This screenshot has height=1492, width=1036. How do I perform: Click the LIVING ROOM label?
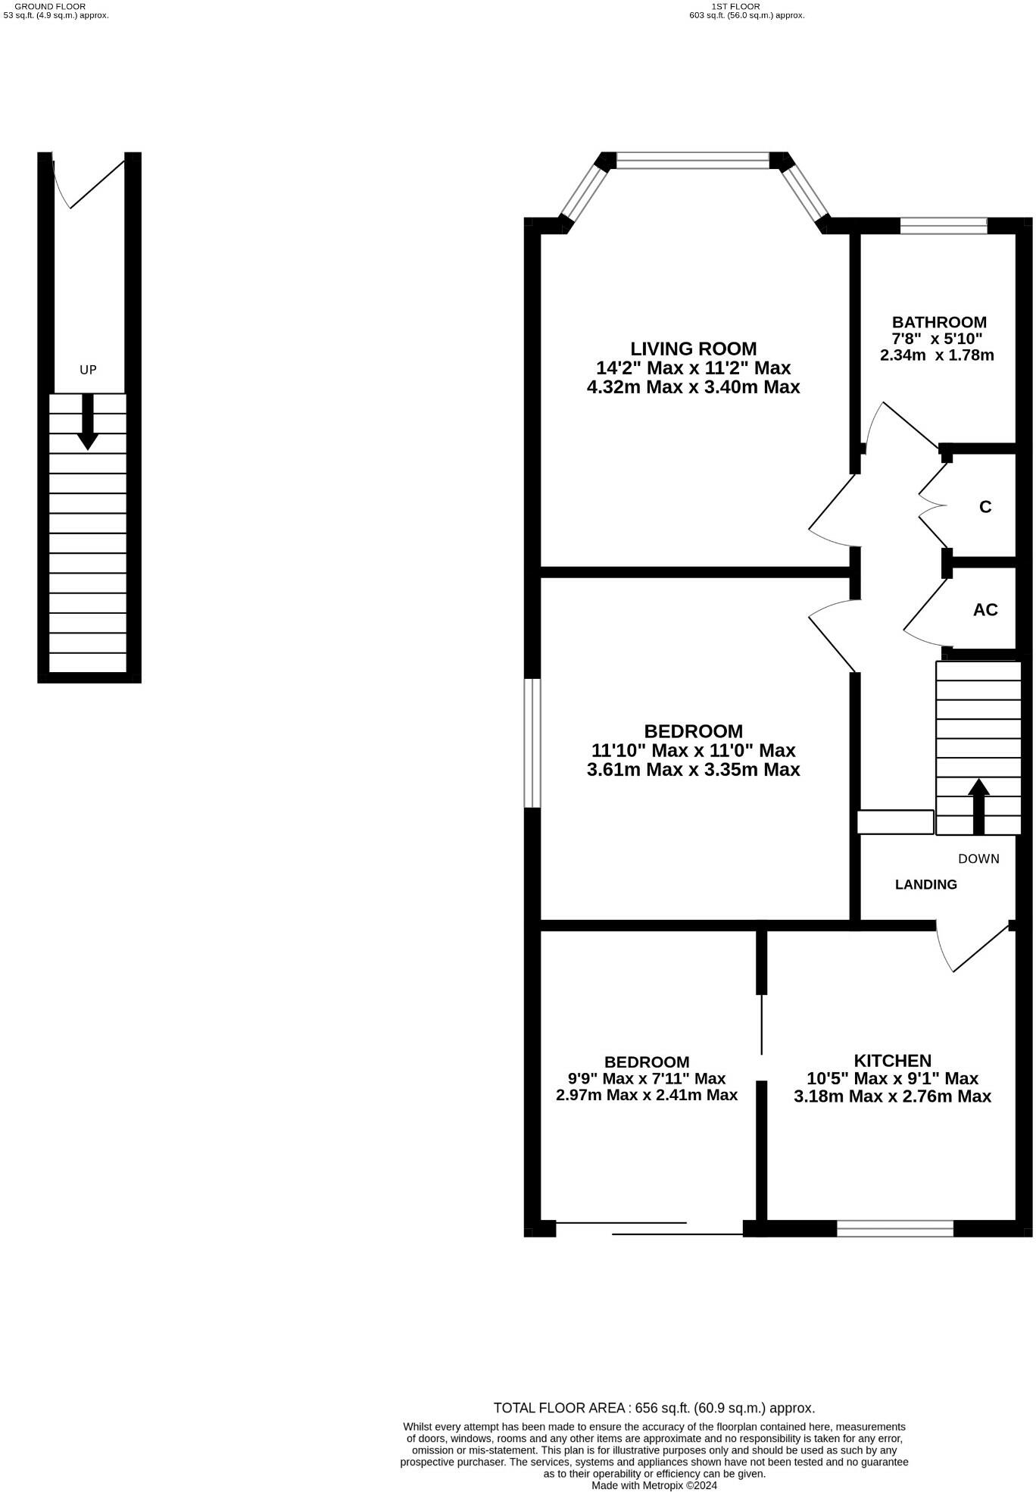[693, 349]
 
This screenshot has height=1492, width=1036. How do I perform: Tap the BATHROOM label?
[938, 322]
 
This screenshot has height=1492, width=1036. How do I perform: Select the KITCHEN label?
[892, 1061]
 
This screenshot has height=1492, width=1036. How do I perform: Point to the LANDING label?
[925, 884]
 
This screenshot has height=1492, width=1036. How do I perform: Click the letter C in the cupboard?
[985, 507]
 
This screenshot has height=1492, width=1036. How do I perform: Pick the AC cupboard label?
[985, 610]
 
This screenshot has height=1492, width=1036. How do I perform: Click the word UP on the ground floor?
[89, 370]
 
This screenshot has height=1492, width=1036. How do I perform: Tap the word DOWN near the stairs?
[978, 859]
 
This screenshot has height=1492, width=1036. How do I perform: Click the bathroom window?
[944, 225]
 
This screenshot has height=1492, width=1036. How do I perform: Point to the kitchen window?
[894, 1228]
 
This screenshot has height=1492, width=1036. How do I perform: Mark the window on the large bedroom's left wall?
[532, 743]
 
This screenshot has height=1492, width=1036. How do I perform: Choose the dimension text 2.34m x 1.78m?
[937, 355]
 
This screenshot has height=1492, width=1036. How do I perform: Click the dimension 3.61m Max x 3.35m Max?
[693, 770]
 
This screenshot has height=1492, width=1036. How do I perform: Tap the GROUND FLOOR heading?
[50, 6]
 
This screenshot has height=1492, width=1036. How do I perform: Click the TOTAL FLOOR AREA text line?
[654, 1408]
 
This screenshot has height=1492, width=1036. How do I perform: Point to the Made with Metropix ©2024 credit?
[654, 1485]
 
